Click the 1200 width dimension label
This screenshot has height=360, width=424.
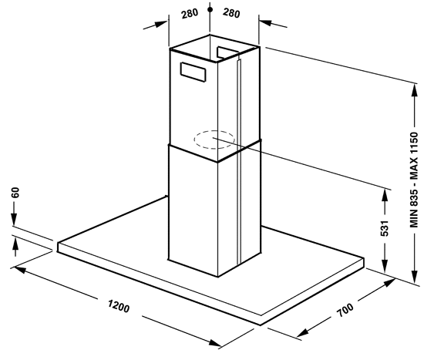(119, 306)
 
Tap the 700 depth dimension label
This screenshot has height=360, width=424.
(345, 310)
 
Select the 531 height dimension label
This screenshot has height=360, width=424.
(385, 228)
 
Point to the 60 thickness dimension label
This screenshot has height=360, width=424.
(16, 192)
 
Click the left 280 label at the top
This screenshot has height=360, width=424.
(190, 14)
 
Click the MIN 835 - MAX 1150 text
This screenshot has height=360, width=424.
(414, 180)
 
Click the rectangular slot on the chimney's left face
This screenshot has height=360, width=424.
(193, 72)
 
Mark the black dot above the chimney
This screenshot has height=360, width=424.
(210, 10)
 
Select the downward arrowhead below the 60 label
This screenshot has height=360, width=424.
(14, 219)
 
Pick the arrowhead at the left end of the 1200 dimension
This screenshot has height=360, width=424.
(20, 269)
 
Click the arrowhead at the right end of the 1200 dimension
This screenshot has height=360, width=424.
(216, 343)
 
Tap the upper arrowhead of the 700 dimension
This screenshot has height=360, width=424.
(389, 283)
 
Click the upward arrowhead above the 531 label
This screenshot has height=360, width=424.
(385, 196)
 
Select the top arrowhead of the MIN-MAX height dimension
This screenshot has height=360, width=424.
(414, 90)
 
